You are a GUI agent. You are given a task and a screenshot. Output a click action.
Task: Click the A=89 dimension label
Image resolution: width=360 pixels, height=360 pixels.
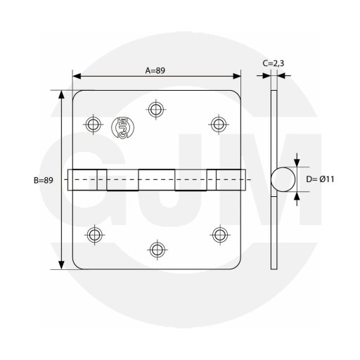[155, 70]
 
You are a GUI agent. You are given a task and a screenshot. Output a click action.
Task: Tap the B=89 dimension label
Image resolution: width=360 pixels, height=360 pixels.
[44, 180]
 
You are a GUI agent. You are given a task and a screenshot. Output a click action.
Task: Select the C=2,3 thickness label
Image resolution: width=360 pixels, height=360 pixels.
[274, 63]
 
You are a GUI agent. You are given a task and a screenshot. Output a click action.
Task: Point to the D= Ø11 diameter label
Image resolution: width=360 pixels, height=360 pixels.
[320, 179]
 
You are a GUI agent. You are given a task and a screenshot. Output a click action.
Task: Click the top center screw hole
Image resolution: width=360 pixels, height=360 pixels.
[156, 109]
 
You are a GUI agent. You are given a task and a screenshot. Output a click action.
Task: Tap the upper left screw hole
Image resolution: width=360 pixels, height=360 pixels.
[94, 124]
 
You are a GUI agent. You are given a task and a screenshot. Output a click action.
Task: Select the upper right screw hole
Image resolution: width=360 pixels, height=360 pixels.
[219, 124]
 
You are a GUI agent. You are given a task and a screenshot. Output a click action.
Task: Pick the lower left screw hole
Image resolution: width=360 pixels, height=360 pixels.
[95, 235]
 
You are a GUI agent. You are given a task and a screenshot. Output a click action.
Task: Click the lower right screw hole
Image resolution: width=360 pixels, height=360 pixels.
[220, 235]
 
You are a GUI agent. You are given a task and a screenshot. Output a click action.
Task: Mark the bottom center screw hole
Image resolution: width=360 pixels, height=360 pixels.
[157, 250]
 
